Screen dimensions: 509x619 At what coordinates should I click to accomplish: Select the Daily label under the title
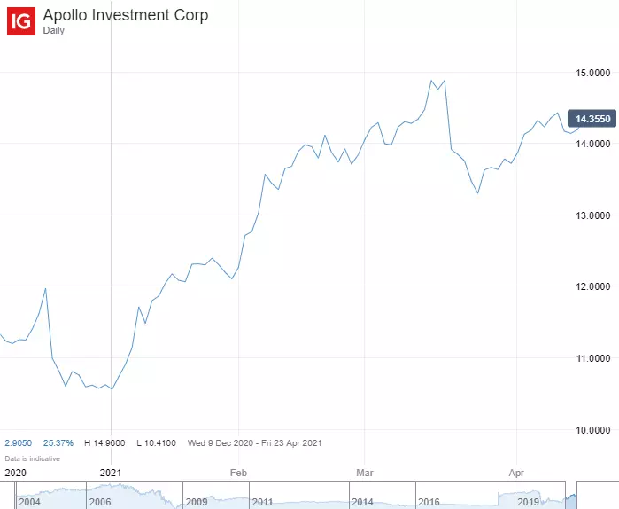pyautogui.click(x=54, y=31)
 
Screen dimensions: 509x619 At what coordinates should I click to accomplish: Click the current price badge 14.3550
pyautogui.click(x=592, y=119)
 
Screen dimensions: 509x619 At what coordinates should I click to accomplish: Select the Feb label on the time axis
pyautogui.click(x=237, y=473)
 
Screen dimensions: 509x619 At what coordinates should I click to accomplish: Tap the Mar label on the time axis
pyautogui.click(x=364, y=473)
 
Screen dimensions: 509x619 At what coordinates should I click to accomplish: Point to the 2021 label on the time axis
pyautogui.click(x=112, y=473)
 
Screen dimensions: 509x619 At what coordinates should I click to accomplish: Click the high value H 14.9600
pyautogui.click(x=104, y=442)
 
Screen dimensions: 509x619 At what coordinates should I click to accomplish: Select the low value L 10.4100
pyautogui.click(x=156, y=442)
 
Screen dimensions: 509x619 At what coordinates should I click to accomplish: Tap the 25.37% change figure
pyautogui.click(x=58, y=442)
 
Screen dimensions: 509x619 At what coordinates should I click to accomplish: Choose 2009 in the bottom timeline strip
pyautogui.click(x=197, y=502)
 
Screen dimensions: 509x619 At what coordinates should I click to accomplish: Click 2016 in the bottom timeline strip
pyautogui.click(x=428, y=502)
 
